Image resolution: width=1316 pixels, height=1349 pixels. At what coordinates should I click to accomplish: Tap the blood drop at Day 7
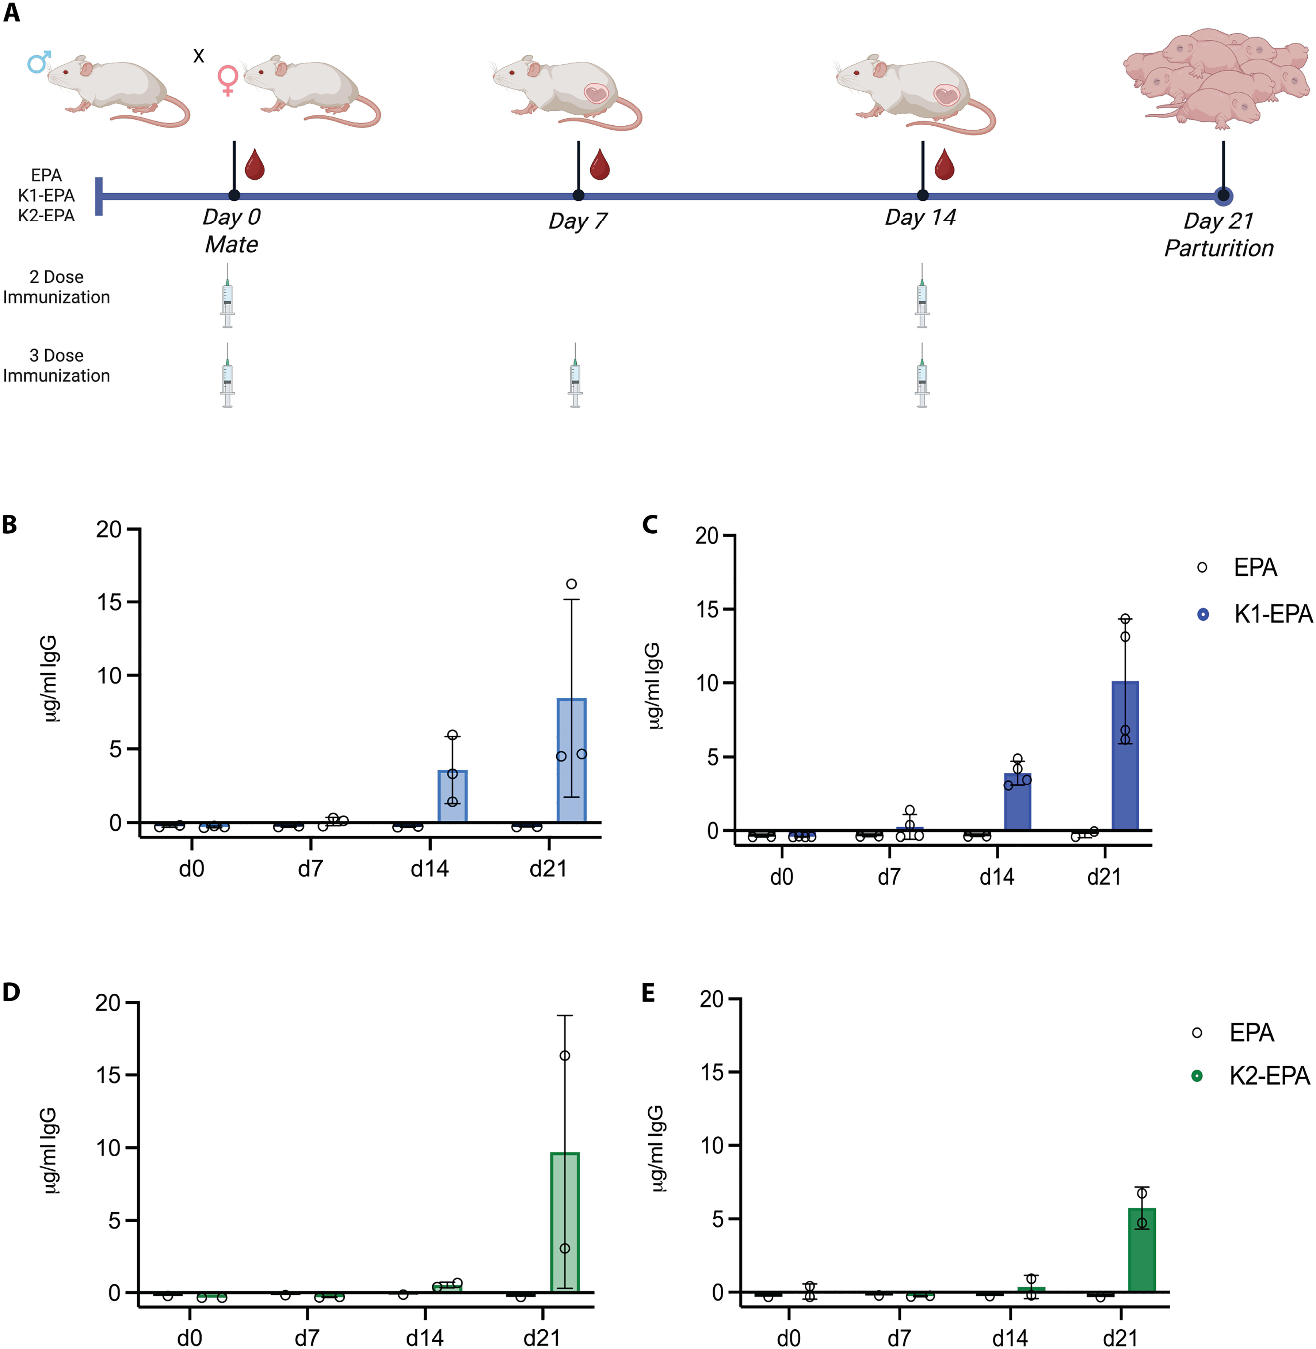[599, 164]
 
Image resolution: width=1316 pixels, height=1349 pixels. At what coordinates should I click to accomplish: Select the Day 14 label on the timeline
[920, 218]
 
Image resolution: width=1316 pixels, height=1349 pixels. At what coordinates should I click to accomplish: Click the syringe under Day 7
[575, 375]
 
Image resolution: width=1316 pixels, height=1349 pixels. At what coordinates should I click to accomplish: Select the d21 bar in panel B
[572, 760]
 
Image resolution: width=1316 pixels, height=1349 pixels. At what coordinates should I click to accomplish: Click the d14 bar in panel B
[453, 796]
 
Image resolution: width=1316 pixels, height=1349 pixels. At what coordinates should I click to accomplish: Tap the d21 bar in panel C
[1125, 755]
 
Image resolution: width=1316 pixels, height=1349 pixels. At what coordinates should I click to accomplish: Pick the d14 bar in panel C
[1018, 802]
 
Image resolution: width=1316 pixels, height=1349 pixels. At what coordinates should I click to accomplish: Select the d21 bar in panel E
[1142, 1250]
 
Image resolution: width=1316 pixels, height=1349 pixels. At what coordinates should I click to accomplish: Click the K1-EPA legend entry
[1255, 614]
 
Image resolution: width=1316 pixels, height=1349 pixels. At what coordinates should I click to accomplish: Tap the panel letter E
[648, 993]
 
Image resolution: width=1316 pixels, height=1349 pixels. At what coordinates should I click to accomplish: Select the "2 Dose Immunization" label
[57, 287]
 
